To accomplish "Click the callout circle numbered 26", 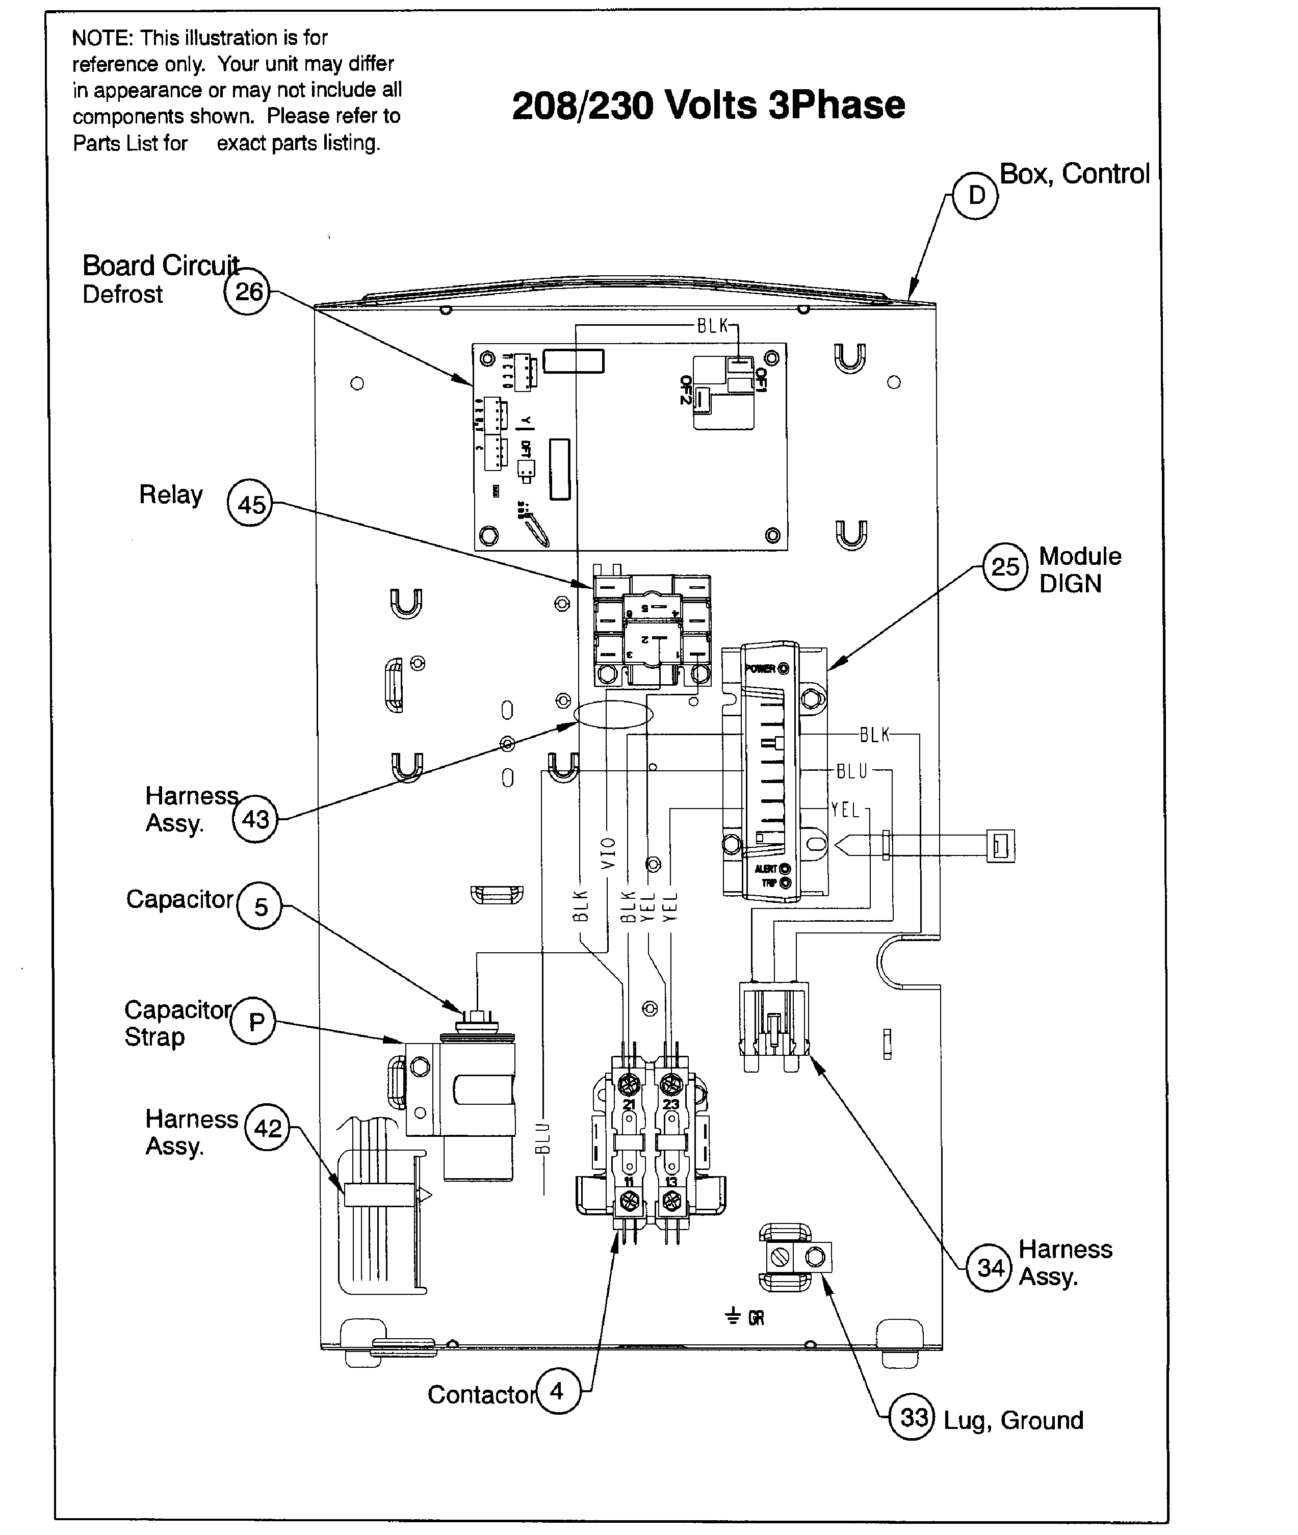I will pos(247,292).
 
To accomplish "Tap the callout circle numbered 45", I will pos(250,504).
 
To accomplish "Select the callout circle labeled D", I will pos(976,196).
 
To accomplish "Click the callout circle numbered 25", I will pos(1005,566).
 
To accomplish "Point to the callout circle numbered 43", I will pos(255,819).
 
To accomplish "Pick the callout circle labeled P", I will pos(253,1022).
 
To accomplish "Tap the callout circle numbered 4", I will pos(558,1391).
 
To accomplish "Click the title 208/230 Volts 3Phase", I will pos(708,105).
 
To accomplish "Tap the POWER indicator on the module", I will pos(767,669).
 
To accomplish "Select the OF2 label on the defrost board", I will pos(686,390).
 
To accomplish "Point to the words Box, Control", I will pos(1074,174).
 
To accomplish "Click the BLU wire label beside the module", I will pos(852,771).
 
